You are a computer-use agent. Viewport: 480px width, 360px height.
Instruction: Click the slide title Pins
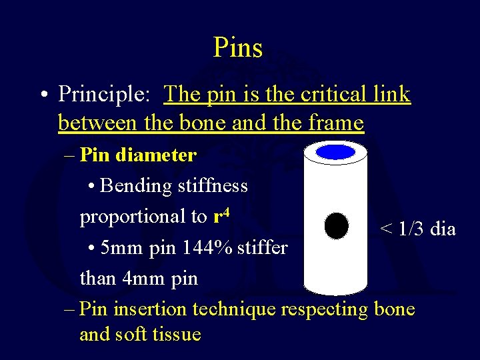pos(238,47)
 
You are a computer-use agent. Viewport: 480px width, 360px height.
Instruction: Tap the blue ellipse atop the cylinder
pos(335,152)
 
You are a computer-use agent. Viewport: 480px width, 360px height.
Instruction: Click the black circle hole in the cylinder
pos(336,226)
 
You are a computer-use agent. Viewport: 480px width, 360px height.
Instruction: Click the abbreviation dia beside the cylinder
pos(443,229)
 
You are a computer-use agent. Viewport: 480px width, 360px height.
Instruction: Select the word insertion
pos(151,309)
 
